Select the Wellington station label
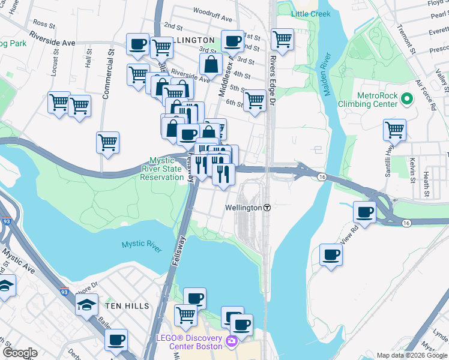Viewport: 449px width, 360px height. point(243,208)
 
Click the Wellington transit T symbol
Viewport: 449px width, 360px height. point(267,208)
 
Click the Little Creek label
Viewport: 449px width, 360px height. point(311,14)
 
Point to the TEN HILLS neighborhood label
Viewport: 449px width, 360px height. point(127,306)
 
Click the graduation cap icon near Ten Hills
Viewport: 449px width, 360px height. point(86,304)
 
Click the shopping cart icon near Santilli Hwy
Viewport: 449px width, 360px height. point(394,129)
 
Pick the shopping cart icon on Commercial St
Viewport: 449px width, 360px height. point(108,143)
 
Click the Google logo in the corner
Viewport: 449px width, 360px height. point(20,353)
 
